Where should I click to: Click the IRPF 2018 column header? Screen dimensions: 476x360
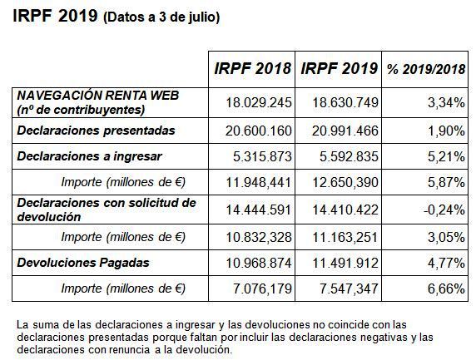(252, 68)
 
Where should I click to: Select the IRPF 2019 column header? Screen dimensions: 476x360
(339, 68)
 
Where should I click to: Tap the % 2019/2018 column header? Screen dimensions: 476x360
(426, 69)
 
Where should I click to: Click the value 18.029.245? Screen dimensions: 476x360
(259, 102)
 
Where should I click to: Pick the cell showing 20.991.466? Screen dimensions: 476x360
(345, 131)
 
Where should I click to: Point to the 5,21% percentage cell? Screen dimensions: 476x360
(446, 157)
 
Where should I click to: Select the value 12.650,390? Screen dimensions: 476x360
(345, 182)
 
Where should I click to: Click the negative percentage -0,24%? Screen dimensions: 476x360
(444, 210)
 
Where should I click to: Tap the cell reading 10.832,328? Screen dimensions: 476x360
(259, 237)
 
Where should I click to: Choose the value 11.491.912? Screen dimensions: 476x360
(345, 263)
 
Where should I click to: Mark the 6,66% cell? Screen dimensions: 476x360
(446, 288)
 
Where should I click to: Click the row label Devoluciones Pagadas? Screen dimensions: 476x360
(83, 263)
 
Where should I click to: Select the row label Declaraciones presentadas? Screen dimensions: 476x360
(97, 131)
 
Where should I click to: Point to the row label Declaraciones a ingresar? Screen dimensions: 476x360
(90, 156)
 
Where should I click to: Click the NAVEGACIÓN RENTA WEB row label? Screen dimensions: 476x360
(98, 96)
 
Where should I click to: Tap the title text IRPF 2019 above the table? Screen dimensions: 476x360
(55, 16)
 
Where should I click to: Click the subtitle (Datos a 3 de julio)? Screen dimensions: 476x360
(161, 17)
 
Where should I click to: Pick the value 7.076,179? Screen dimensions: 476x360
(262, 288)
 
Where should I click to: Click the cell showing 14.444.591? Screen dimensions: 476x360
(259, 210)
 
